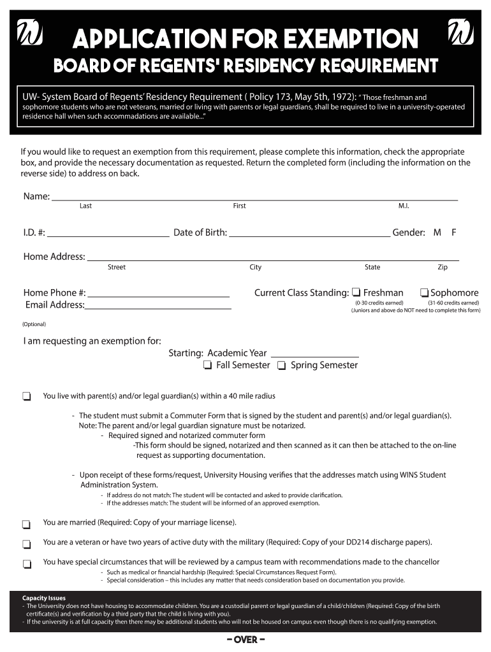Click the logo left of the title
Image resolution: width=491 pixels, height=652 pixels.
click(x=29, y=34)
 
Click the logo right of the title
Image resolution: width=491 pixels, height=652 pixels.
click(x=460, y=33)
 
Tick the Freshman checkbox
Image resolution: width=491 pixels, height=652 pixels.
click(x=356, y=293)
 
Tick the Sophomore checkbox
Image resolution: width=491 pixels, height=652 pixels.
click(x=424, y=293)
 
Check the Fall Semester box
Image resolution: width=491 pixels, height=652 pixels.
click(x=208, y=365)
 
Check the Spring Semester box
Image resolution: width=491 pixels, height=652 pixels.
click(x=282, y=365)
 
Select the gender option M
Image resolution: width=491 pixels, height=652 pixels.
click(x=437, y=232)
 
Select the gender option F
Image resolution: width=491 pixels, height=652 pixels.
click(x=453, y=232)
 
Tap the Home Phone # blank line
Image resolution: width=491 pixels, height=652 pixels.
click(x=158, y=295)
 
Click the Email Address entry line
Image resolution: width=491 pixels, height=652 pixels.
click(x=158, y=308)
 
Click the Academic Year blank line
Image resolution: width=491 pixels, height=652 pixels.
click(x=315, y=355)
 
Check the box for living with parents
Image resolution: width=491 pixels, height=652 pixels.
click(x=27, y=397)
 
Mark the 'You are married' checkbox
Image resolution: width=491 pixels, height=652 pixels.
click(x=27, y=525)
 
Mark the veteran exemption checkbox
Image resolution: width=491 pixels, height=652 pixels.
click(x=27, y=544)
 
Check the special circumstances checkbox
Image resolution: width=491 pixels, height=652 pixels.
click(x=27, y=564)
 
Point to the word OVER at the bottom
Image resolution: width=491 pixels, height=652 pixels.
click(x=246, y=640)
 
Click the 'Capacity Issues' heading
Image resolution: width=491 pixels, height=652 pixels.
click(x=43, y=599)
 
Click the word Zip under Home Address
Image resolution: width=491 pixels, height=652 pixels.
click(x=443, y=267)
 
